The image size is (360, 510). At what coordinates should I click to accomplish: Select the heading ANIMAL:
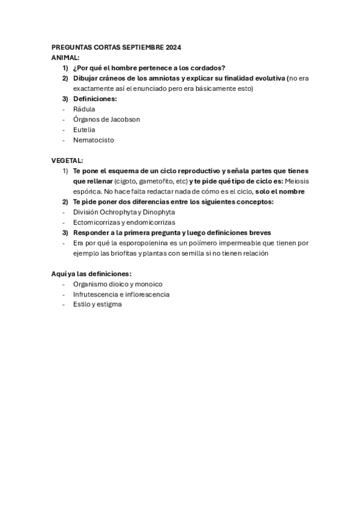pos(66,57)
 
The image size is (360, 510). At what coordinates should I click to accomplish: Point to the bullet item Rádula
pos(84,109)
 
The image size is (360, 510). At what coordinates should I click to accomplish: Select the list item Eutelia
pos(84,129)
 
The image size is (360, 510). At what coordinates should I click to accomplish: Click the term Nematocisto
pos(93,140)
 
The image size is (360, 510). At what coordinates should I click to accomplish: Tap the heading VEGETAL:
pos(67,161)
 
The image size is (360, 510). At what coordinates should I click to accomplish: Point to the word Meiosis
pos(297,181)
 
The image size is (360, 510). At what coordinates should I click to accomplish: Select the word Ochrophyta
pos(121,212)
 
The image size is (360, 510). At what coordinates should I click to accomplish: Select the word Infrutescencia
pos(95,294)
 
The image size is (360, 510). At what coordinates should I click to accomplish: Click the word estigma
pos(110,304)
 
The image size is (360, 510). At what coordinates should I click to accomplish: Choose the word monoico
pos(148,284)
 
